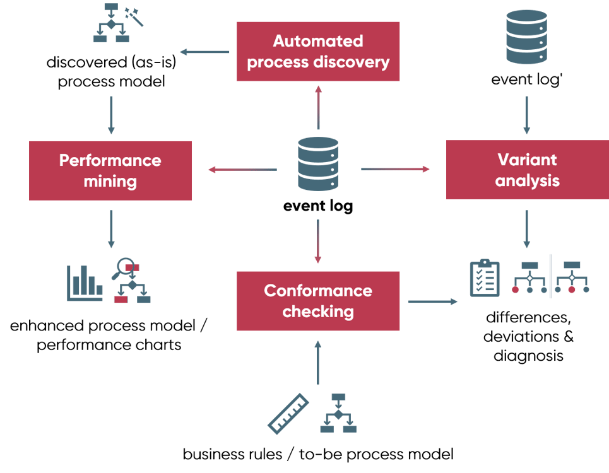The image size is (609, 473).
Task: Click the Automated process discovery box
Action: click(x=318, y=51)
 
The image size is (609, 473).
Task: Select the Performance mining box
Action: click(x=110, y=170)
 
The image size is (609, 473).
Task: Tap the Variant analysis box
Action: click(x=527, y=170)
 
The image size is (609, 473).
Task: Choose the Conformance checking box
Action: click(x=318, y=301)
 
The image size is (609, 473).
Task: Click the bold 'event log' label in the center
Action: click(x=318, y=206)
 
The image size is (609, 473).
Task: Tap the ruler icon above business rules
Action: click(x=288, y=414)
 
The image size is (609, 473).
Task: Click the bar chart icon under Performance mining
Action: click(x=85, y=281)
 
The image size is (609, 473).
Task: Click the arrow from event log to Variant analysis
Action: click(x=395, y=169)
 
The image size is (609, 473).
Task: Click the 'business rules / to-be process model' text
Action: click(x=318, y=454)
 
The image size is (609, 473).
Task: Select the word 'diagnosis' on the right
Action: click(x=528, y=356)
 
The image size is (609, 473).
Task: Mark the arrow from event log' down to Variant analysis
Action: click(x=527, y=117)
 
